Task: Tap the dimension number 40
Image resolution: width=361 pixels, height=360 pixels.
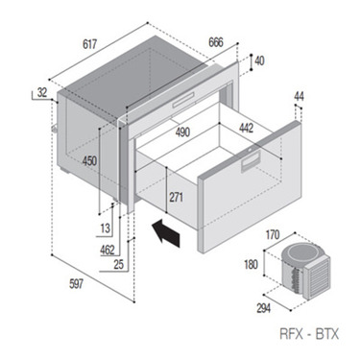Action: pos(260,61)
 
